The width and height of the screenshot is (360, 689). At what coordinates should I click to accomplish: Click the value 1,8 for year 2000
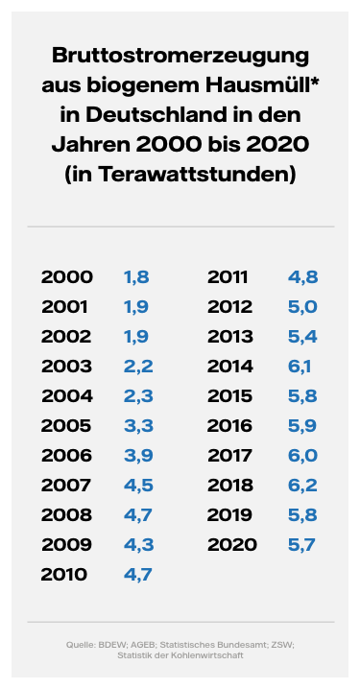(136, 277)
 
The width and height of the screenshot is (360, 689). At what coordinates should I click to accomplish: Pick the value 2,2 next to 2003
(136, 366)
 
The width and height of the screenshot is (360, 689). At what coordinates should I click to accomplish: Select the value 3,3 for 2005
(136, 425)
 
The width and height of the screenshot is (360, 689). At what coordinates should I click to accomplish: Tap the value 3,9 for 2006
(136, 456)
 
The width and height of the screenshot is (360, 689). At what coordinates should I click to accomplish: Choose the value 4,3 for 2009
(136, 544)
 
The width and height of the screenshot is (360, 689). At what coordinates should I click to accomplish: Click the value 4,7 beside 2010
(136, 575)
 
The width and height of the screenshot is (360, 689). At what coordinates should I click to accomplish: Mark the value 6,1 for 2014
(301, 366)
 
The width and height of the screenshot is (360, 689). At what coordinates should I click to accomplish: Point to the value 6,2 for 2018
(302, 485)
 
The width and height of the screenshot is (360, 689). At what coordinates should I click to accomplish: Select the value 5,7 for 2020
(302, 544)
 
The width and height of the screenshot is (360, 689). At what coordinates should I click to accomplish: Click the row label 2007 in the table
(66, 485)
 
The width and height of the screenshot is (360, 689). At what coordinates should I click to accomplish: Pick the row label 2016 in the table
(231, 425)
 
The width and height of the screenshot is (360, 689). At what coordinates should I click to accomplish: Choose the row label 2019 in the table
(231, 514)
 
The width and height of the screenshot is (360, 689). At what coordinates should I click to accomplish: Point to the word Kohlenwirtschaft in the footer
(215, 655)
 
